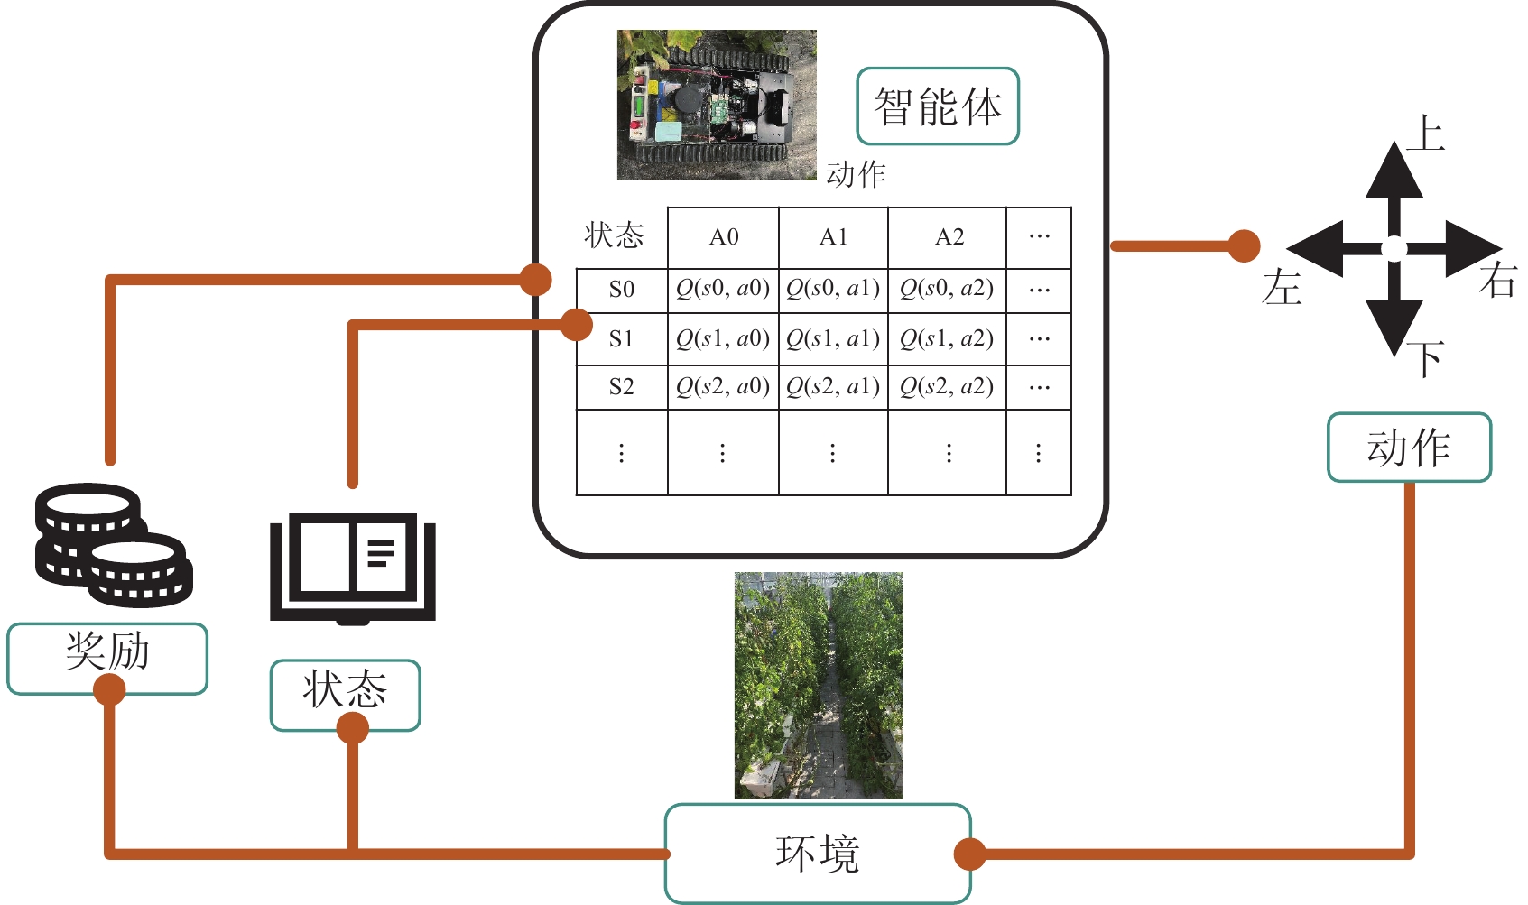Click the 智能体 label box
point(937,106)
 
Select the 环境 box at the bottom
point(818,853)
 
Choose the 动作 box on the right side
point(1408,448)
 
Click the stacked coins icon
point(113,545)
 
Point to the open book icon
point(353,567)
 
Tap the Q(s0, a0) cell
point(723,289)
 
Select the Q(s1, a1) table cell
point(833,338)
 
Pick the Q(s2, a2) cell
point(947,387)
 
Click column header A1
point(833,237)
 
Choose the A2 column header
point(949,237)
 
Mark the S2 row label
point(622,387)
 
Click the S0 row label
point(622,290)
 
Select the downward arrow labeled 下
point(1394,316)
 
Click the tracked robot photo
point(717,105)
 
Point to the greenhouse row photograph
point(818,685)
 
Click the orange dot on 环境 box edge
point(969,854)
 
